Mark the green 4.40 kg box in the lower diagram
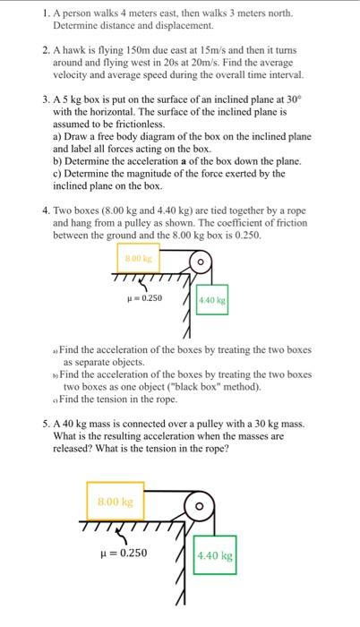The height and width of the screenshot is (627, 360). [x=214, y=555]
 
